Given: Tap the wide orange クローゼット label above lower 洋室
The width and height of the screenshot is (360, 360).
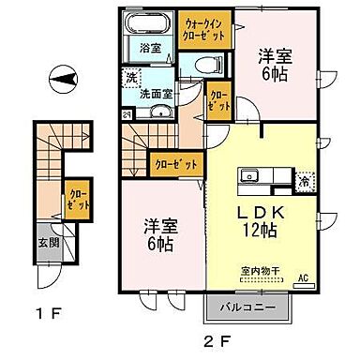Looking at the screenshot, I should (x=175, y=164).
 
